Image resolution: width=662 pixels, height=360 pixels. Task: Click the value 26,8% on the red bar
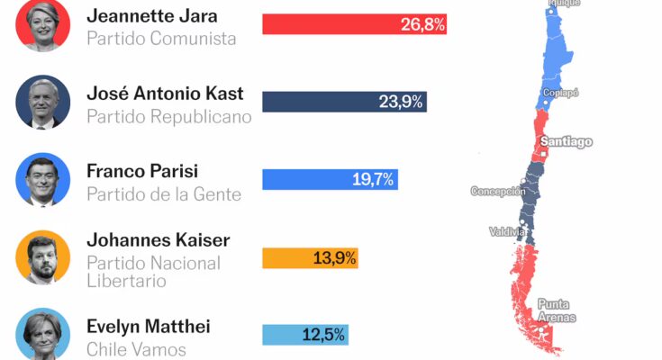(x=422, y=24)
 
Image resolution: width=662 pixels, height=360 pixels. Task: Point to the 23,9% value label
(x=401, y=102)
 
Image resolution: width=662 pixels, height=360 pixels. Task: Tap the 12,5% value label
(x=323, y=335)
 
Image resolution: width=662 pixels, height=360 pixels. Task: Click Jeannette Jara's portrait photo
(x=42, y=24)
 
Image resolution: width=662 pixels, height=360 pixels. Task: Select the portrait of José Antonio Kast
(x=42, y=102)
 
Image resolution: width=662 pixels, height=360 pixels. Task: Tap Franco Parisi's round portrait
(x=42, y=179)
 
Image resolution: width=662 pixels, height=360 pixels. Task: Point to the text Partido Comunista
(x=161, y=39)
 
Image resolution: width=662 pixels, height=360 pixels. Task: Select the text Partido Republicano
(x=169, y=116)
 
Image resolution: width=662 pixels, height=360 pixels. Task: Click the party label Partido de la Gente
(x=164, y=193)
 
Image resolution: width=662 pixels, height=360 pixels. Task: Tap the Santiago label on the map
(x=566, y=141)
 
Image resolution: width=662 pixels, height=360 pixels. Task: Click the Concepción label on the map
(x=498, y=191)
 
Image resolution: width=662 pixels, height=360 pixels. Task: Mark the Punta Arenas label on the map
(x=556, y=310)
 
